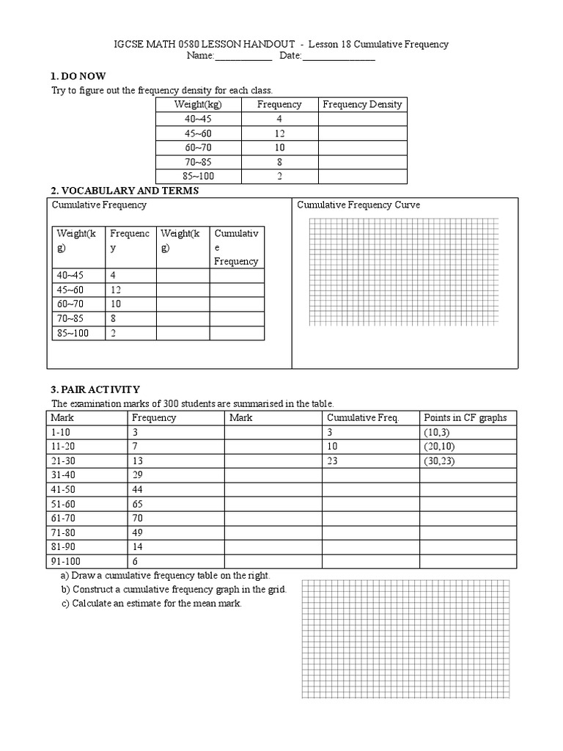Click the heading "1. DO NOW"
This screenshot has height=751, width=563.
pyautogui.click(x=78, y=76)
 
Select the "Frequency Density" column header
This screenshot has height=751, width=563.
pyautogui.click(x=362, y=104)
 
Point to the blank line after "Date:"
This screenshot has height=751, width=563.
pyautogui.click(x=339, y=56)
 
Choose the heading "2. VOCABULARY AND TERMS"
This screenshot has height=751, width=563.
pyautogui.click(x=123, y=191)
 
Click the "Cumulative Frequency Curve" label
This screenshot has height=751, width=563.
pyautogui.click(x=358, y=205)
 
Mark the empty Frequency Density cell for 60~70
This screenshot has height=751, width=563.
pyautogui.click(x=362, y=147)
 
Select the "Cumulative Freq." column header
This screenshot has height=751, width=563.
pyautogui.click(x=362, y=417)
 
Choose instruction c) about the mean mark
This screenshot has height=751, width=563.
pyautogui.click(x=152, y=603)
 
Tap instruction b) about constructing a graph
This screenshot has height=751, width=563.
pyautogui.click(x=174, y=589)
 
